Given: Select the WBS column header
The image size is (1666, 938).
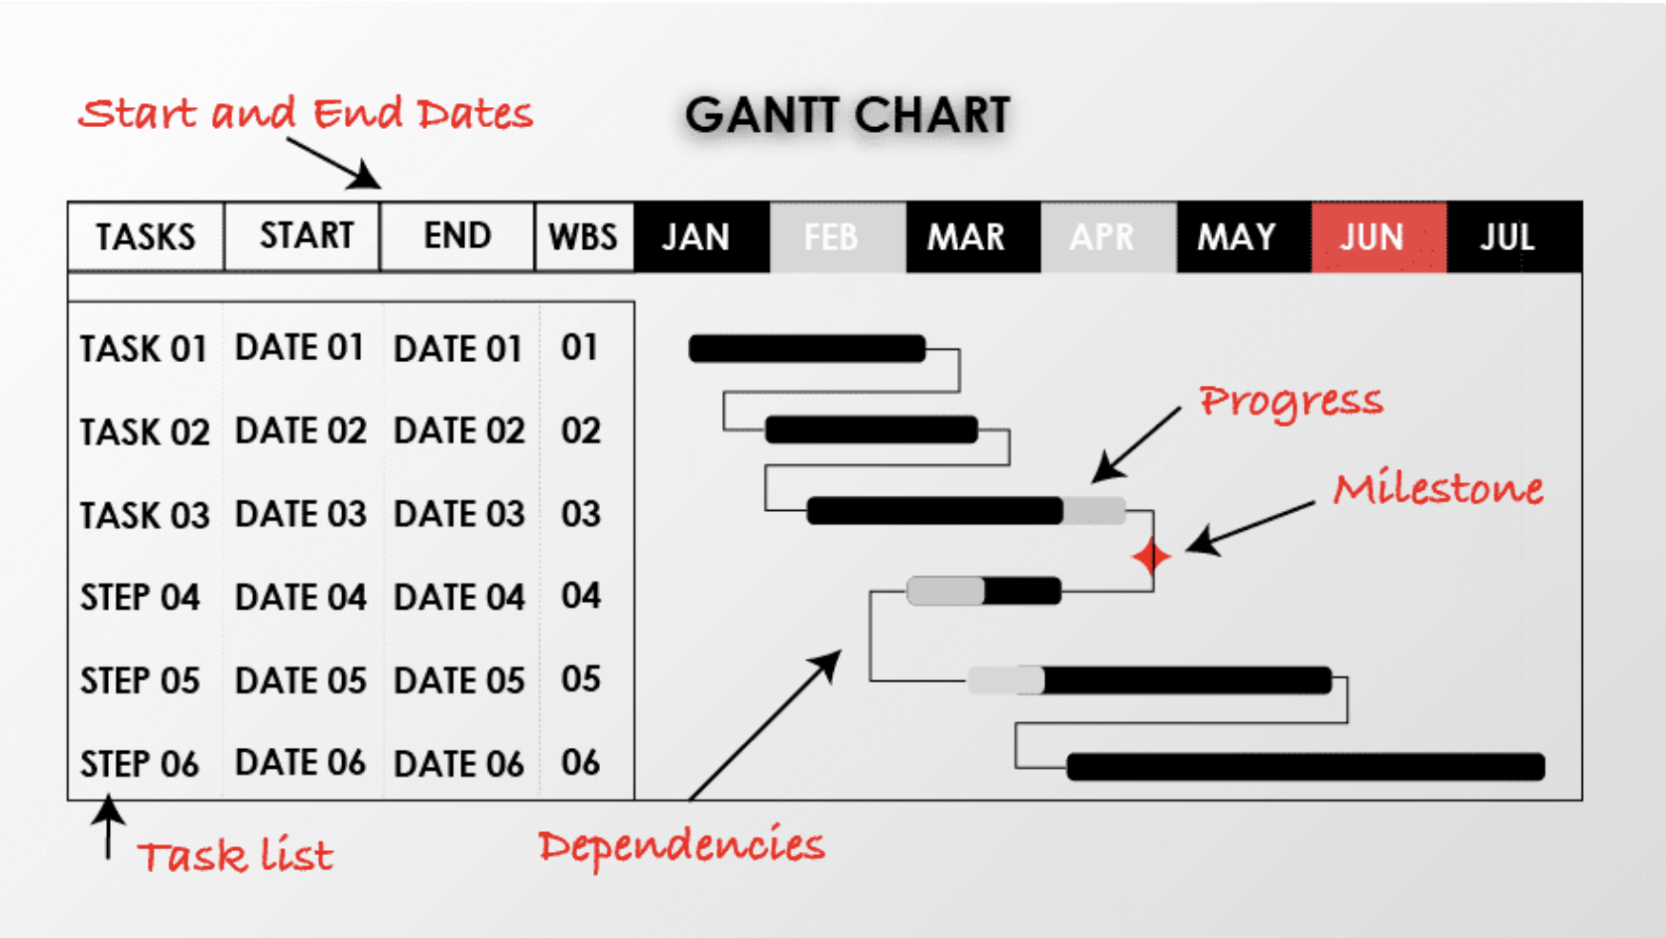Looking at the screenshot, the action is (x=583, y=237).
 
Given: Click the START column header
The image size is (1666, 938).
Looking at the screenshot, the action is (x=306, y=236).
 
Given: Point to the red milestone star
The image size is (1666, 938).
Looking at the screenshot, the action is (x=1151, y=556).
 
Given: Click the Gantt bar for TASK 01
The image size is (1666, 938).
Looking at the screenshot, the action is (x=807, y=349).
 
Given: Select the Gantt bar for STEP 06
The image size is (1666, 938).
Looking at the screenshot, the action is (x=1306, y=766).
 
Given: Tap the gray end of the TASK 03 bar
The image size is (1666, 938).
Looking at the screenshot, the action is (x=1095, y=511).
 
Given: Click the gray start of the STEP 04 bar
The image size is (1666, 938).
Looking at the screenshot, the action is (x=946, y=591).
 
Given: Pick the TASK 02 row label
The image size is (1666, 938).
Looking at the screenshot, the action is (x=144, y=432).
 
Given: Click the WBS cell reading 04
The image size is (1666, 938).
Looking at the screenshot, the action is (x=581, y=596).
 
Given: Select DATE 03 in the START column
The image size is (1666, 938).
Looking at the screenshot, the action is (x=301, y=514).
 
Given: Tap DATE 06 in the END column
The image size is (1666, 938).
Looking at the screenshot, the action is (x=459, y=763).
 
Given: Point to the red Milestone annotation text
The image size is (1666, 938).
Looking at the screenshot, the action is (x=1439, y=488).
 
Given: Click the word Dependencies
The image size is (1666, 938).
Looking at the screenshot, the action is (x=681, y=845).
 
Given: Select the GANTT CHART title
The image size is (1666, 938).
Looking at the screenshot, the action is (x=847, y=116).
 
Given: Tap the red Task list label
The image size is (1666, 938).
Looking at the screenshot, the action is (x=236, y=856).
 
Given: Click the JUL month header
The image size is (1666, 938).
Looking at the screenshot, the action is (x=1507, y=237).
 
